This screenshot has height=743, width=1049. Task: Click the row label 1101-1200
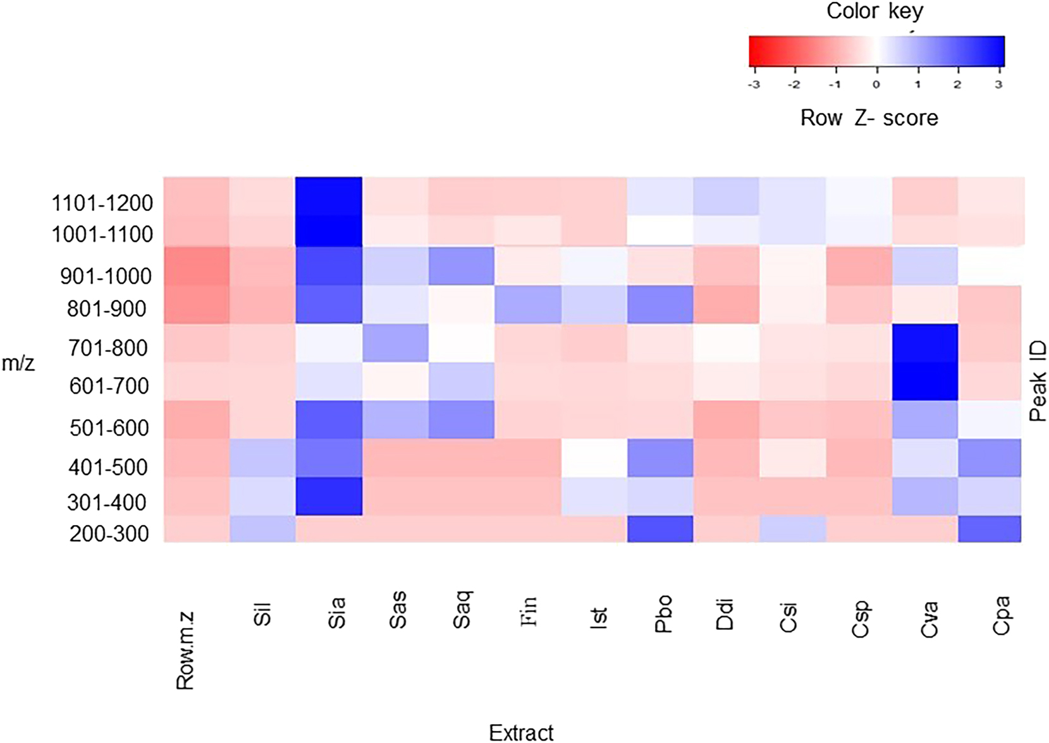pyautogui.click(x=102, y=203)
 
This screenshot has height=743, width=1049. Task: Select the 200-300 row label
pyautogui.click(x=109, y=534)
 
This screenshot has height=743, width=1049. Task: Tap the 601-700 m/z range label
pyautogui.click(x=109, y=386)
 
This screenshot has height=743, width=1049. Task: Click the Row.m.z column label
pyautogui.click(x=185, y=650)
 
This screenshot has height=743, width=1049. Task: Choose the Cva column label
pyautogui.click(x=928, y=619)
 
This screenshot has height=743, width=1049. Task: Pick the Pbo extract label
pyautogui.click(x=663, y=614)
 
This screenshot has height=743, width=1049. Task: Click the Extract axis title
pyautogui.click(x=521, y=732)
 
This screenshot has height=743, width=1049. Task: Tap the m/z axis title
pyautogui.click(x=18, y=363)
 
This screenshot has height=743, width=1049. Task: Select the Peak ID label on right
pyautogui.click(x=1038, y=381)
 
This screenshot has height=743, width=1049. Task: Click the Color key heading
pyautogui.click(x=874, y=11)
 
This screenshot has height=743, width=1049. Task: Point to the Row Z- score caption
pyautogui.click(x=869, y=118)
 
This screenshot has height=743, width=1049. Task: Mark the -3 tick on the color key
pyautogui.click(x=754, y=85)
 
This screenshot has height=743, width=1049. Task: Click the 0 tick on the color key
pyautogui.click(x=876, y=85)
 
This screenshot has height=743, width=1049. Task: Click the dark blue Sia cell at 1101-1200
pyautogui.click(x=329, y=196)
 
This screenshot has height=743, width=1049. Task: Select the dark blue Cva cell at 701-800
pyautogui.click(x=925, y=343)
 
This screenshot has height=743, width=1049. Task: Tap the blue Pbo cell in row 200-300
pyautogui.click(x=660, y=529)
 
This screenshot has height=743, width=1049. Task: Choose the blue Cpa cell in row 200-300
pyautogui.click(x=990, y=529)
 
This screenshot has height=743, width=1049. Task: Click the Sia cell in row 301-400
pyautogui.click(x=329, y=496)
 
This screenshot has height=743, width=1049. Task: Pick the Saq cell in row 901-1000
pyautogui.click(x=461, y=266)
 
